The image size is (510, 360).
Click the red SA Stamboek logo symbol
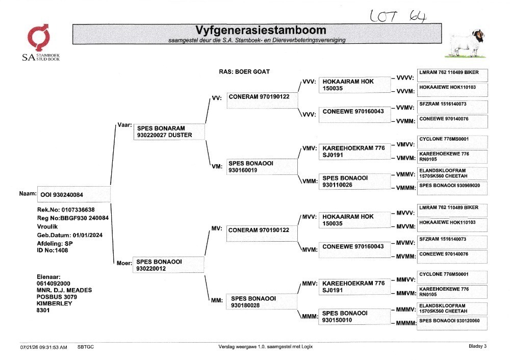click(x=38, y=37)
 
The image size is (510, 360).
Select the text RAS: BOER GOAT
click(x=244, y=71)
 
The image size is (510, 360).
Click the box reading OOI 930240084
click(x=74, y=194)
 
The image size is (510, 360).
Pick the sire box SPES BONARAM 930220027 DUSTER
click(x=169, y=132)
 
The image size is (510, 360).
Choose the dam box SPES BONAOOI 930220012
click(x=168, y=265)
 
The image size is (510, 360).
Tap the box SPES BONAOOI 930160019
click(x=262, y=167)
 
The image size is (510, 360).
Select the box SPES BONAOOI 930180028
click(x=262, y=301)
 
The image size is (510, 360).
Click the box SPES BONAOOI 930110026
click(x=354, y=182)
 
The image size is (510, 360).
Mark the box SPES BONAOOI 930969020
click(x=452, y=189)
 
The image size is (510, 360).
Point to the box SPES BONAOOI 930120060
click(x=452, y=324)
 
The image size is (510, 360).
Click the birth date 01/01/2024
click(x=88, y=235)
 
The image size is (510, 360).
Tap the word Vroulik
click(x=47, y=227)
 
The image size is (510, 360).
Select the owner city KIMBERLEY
click(x=55, y=303)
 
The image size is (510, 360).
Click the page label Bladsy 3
click(x=477, y=346)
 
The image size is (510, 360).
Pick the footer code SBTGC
click(x=86, y=347)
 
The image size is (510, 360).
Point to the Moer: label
click(x=124, y=263)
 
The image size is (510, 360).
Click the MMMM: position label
click(x=406, y=323)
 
